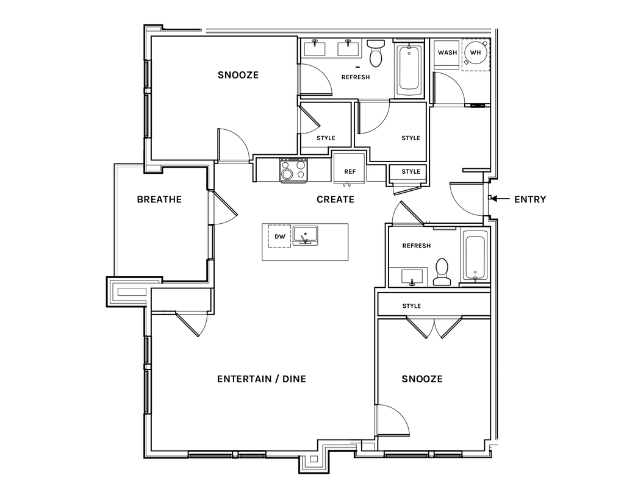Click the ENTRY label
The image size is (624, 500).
(530, 199)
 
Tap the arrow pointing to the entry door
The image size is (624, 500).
(501, 198)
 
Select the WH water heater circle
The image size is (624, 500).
(475, 52)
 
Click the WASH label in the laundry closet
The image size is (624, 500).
(447, 52)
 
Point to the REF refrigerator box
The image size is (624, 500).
(350, 169)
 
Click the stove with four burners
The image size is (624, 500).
(293, 170)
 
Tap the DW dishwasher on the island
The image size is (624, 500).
(280, 236)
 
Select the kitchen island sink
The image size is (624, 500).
(305, 235)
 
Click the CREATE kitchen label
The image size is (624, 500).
(335, 199)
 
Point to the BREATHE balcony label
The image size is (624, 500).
(159, 199)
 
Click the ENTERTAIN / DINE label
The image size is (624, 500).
(262, 379)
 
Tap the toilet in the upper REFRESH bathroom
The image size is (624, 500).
(375, 53)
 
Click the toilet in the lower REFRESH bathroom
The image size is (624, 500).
(442, 273)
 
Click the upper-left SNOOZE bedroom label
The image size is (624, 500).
(238, 75)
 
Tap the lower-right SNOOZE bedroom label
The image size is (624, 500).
(422, 379)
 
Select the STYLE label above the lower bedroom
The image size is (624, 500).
(412, 306)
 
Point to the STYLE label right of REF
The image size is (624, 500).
(411, 171)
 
